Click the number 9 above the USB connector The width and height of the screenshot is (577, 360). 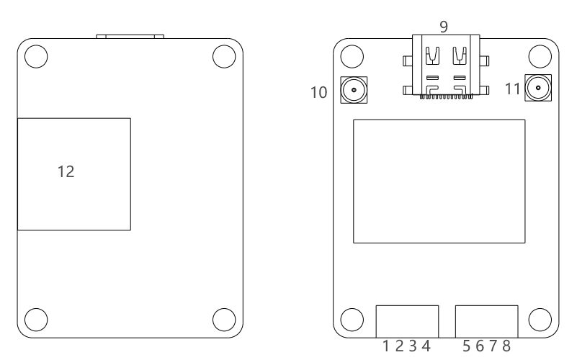tap(443, 26)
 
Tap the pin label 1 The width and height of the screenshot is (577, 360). tap(387, 346)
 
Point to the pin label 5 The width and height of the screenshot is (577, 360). tap(467, 346)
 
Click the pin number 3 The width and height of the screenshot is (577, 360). tap(413, 346)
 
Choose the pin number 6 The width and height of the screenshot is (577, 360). tap(480, 346)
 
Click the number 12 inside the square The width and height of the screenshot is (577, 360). tap(66, 172)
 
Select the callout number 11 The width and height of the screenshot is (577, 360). tap(512, 90)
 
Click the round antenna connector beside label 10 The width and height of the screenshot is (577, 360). tap(354, 90)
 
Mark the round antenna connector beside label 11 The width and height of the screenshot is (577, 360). tap(537, 89)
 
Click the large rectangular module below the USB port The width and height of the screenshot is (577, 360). tap(439, 181)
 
